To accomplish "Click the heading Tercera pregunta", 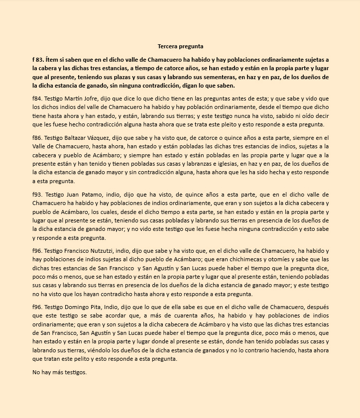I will click(x=180, y=46).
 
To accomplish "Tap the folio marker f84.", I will click(x=36, y=98).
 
